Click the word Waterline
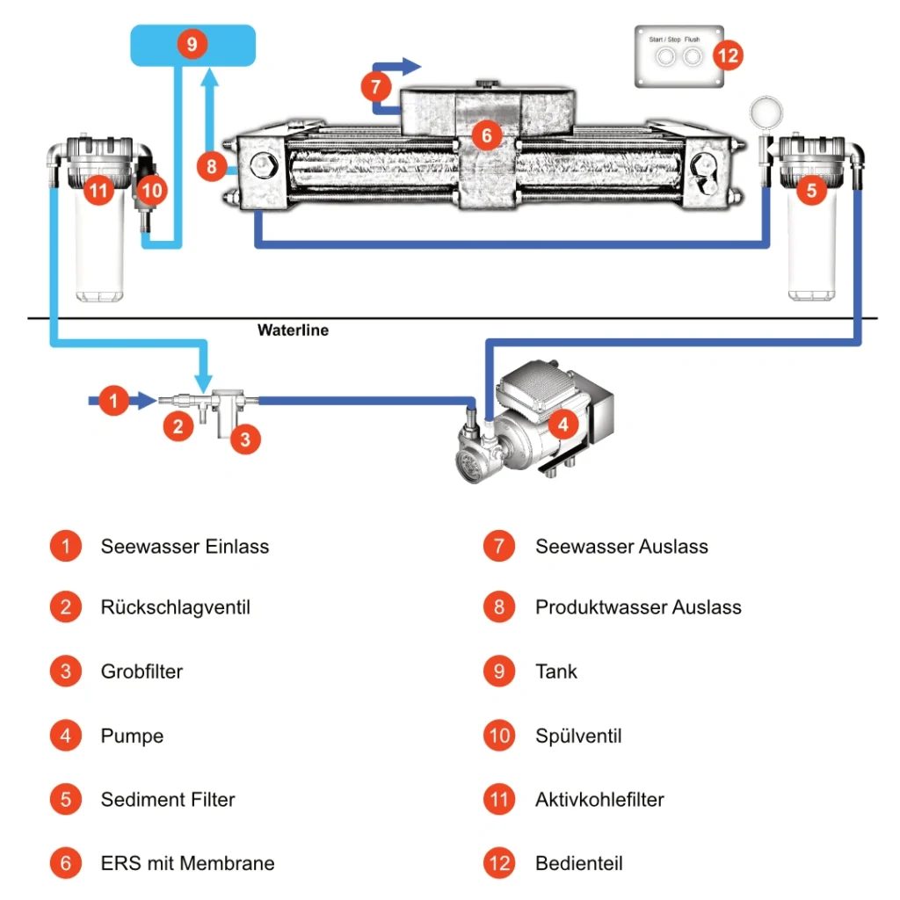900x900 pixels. pyautogui.click(x=293, y=330)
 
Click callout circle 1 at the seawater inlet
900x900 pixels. pyautogui.click(x=113, y=401)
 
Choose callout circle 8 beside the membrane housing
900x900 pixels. pyautogui.click(x=212, y=166)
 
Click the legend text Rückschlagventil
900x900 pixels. pyautogui.click(x=175, y=607)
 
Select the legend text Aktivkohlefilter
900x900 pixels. pyautogui.click(x=599, y=800)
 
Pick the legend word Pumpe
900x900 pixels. pyautogui.click(x=132, y=736)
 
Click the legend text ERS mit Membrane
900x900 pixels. pyautogui.click(x=187, y=863)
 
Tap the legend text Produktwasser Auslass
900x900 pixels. pyautogui.click(x=638, y=607)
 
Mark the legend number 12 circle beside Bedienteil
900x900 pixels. pyautogui.click(x=498, y=863)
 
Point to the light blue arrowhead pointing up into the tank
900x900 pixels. pyautogui.click(x=209, y=81)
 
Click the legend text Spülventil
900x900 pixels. pyautogui.click(x=578, y=736)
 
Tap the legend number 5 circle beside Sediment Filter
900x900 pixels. pyautogui.click(x=66, y=800)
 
